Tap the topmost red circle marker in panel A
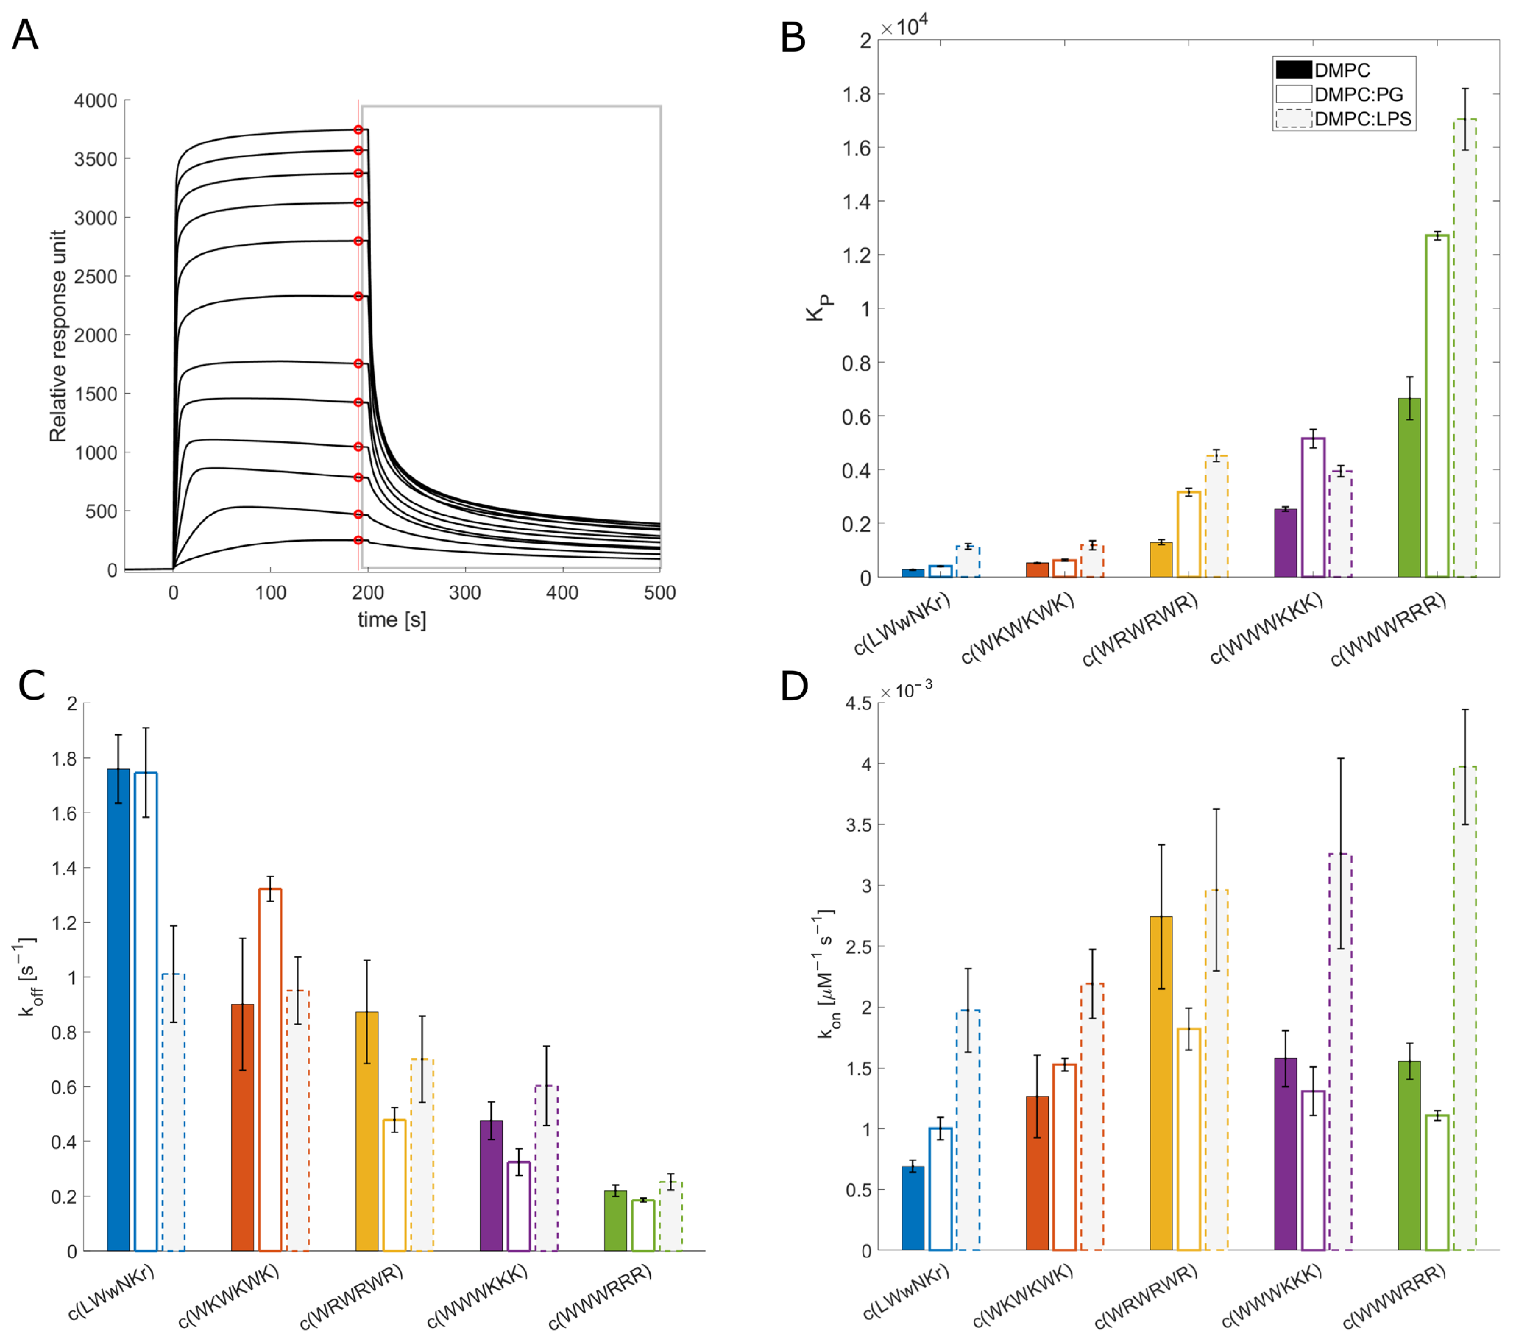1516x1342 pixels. coord(358,130)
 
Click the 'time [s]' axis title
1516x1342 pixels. coord(392,620)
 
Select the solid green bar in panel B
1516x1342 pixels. coord(1409,488)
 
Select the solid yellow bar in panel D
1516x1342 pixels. coord(1162,1083)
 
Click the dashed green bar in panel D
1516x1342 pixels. coord(1465,1008)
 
